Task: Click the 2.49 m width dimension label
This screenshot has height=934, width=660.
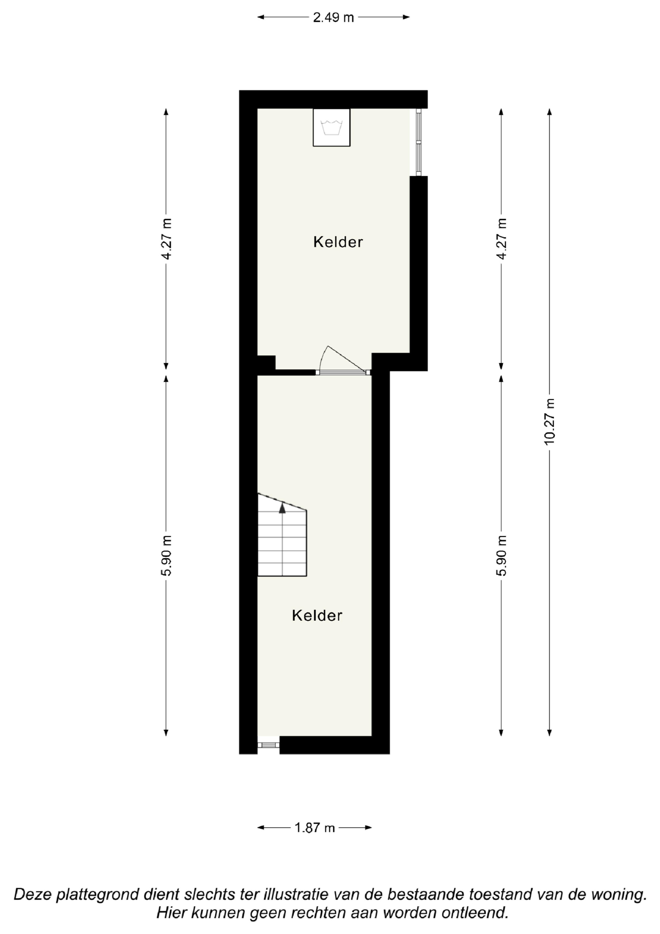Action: pos(333,17)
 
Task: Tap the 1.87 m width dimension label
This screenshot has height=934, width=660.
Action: pos(315,827)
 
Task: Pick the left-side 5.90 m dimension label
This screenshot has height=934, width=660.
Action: pos(166,555)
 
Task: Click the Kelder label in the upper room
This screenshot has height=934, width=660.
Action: pos(338,242)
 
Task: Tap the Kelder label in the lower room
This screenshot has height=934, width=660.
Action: pos(317,615)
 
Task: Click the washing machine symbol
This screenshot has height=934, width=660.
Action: pos(331,127)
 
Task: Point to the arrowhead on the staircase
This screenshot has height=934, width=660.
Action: pos(282,508)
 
